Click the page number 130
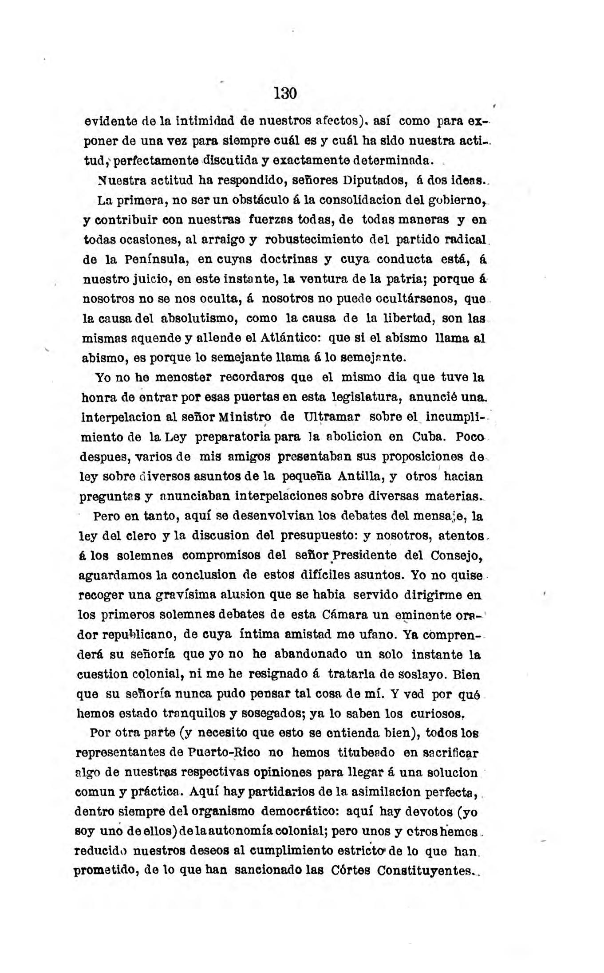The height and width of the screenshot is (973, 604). (285, 94)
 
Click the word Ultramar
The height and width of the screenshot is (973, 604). (332, 418)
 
